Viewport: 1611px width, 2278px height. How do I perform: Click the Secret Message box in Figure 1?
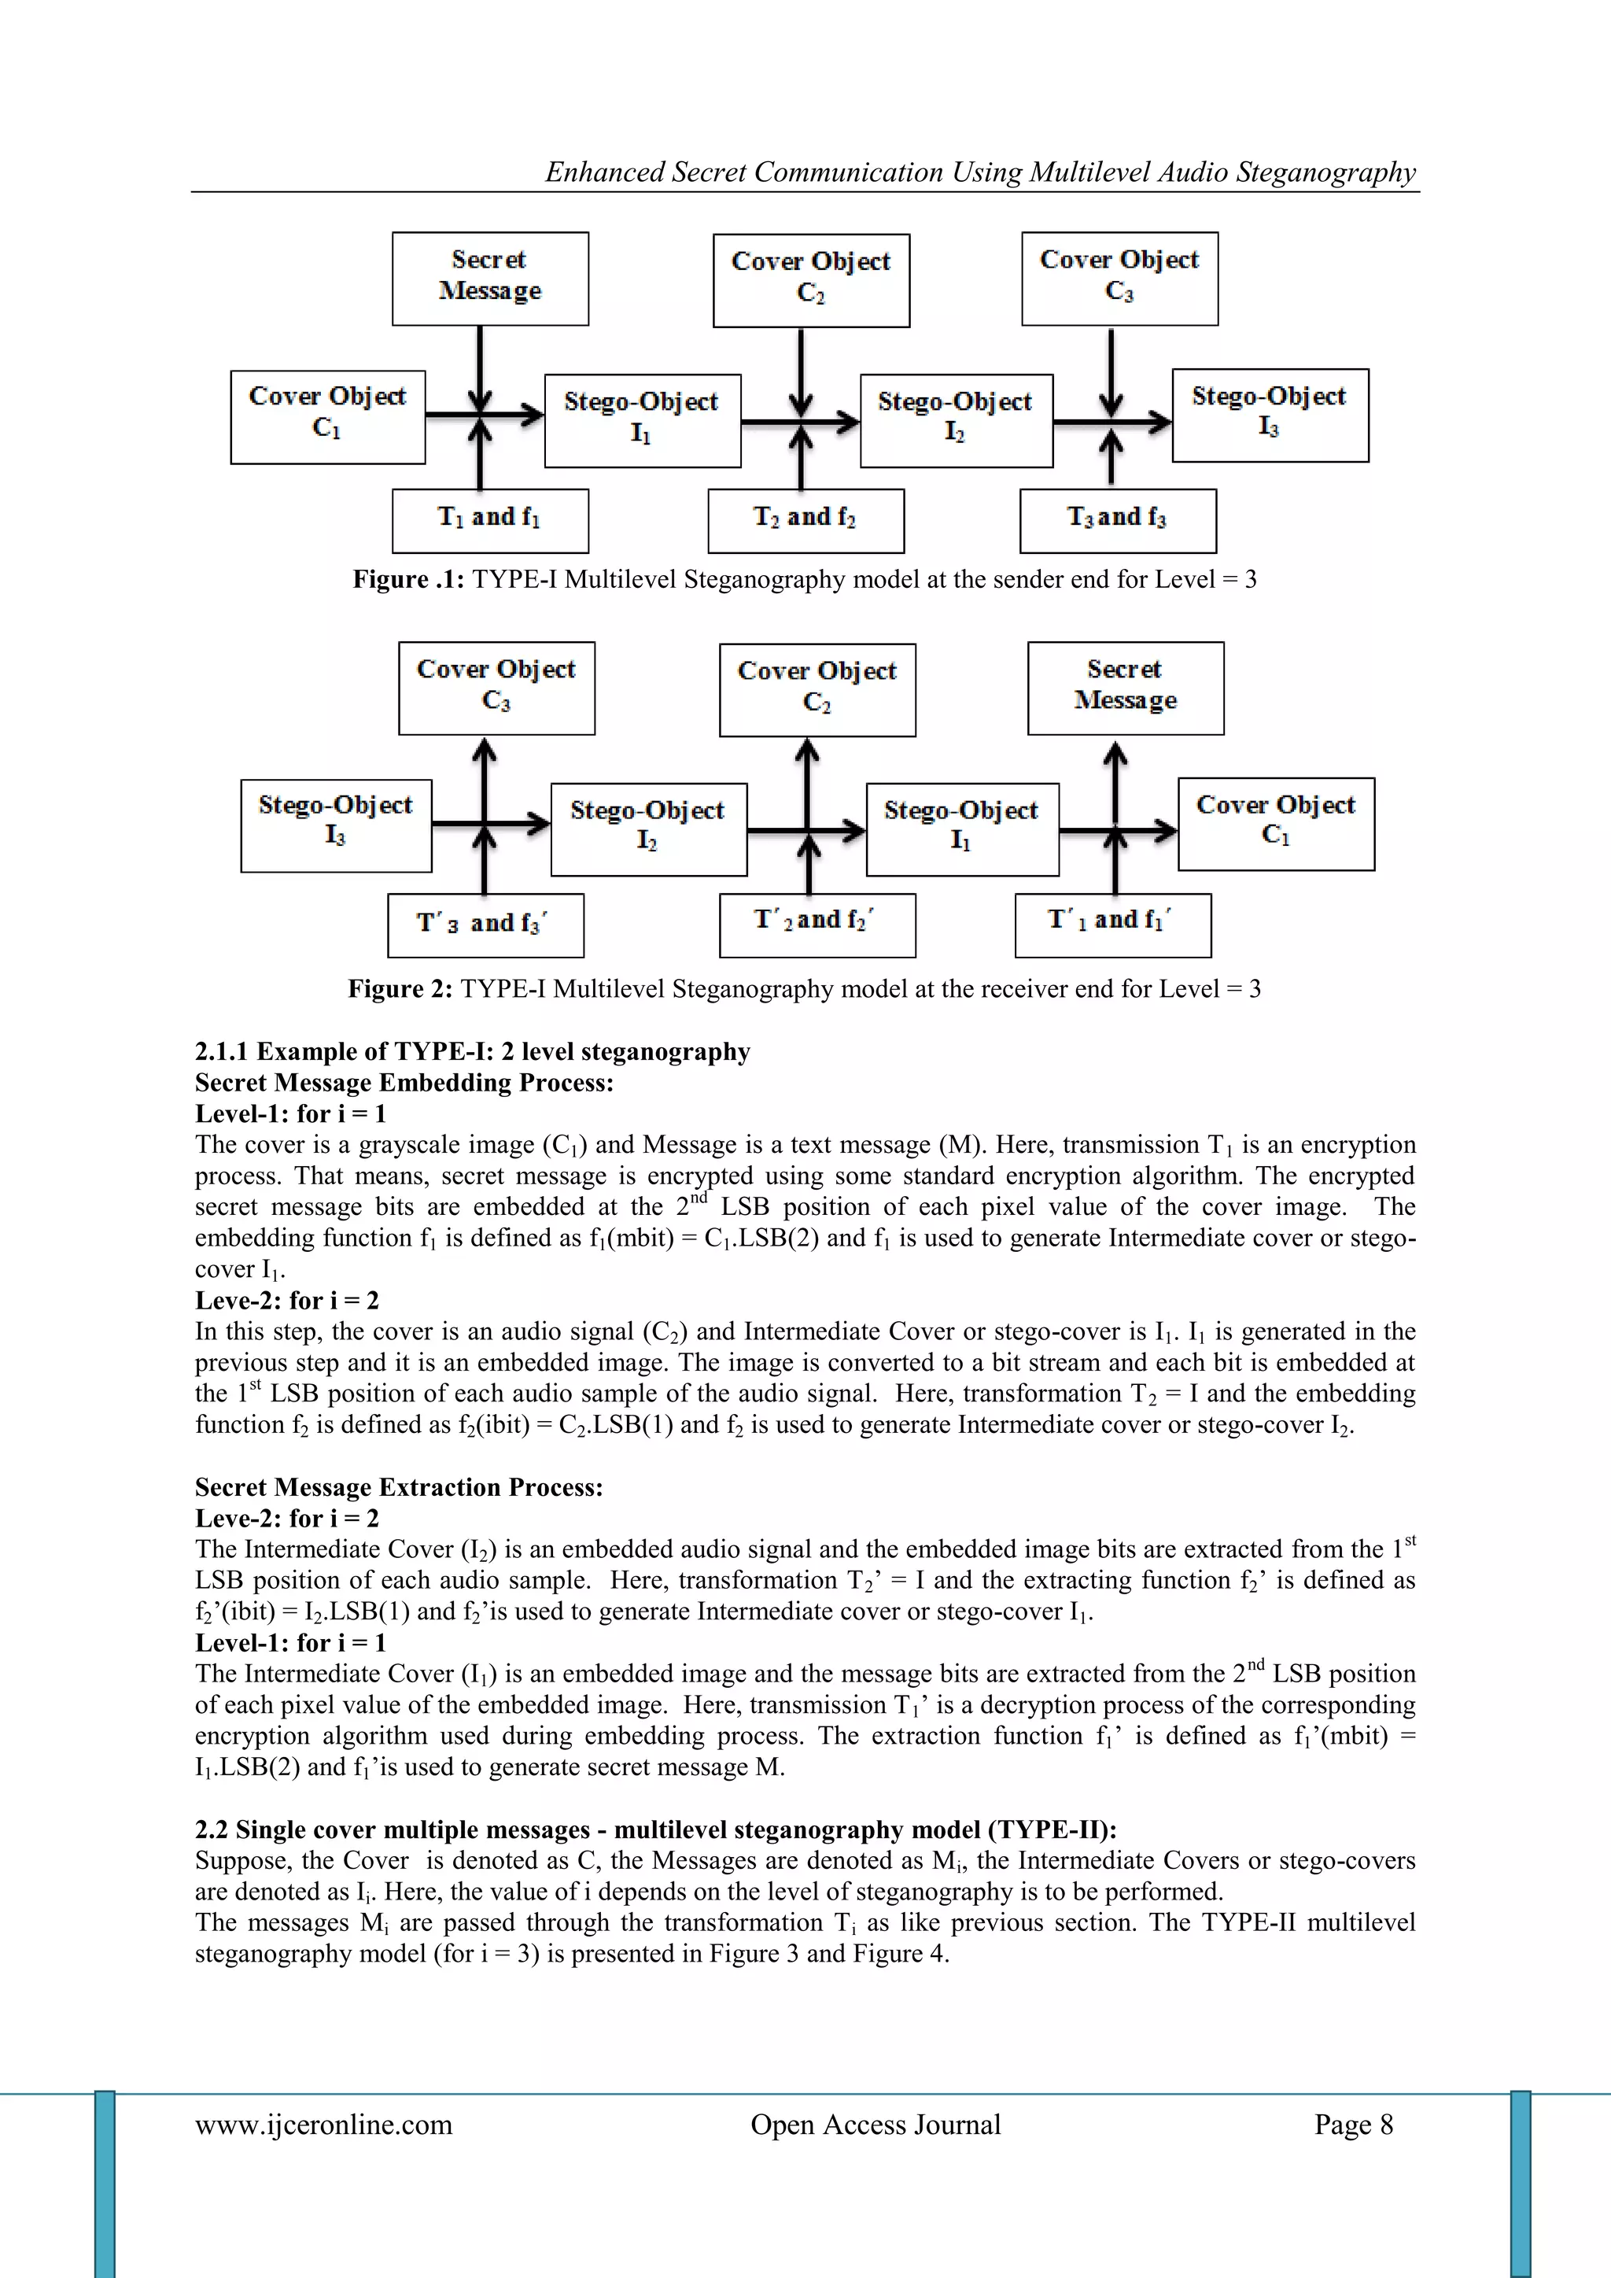click(x=490, y=278)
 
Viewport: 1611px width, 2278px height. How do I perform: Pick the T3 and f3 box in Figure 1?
click(x=1117, y=520)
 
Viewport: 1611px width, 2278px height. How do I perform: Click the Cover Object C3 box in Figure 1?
click(x=1119, y=278)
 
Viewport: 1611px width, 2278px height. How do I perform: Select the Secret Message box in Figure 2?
click(x=1125, y=688)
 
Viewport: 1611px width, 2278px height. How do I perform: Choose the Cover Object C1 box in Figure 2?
click(x=1276, y=824)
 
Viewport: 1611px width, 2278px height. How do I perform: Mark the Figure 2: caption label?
click(x=400, y=988)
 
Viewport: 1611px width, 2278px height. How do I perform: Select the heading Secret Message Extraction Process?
click(x=399, y=1486)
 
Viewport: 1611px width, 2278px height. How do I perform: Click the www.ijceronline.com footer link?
click(x=323, y=2125)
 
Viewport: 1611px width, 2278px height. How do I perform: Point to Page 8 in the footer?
click(x=1353, y=2125)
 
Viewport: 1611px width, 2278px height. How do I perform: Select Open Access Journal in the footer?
click(x=875, y=2125)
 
